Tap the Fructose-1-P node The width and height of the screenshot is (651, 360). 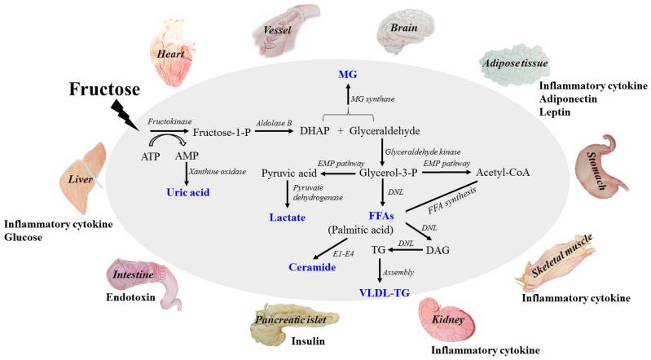click(223, 131)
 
